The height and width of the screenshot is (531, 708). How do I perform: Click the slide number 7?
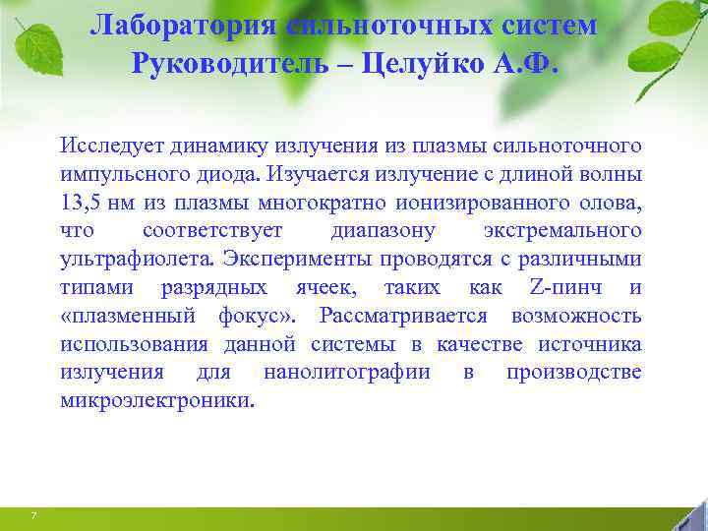point(34,516)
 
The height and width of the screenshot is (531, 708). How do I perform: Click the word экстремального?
point(562,232)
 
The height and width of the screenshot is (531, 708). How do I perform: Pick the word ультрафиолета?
point(138,260)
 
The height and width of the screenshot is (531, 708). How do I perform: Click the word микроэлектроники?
point(155,401)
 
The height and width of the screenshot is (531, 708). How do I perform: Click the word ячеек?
point(326,288)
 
